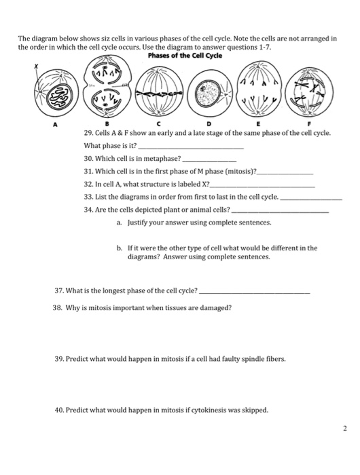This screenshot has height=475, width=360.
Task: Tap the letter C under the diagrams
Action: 158,125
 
